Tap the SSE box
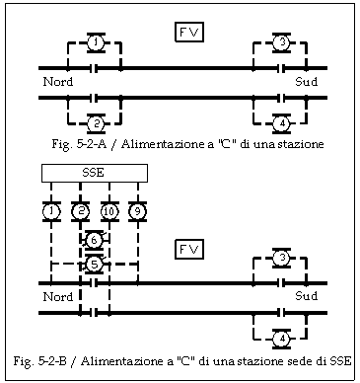point(95,173)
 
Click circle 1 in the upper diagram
point(95,42)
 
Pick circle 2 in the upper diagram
point(95,122)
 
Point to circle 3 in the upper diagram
point(281,42)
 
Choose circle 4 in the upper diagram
point(281,122)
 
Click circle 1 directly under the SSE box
point(51,210)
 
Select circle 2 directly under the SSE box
point(81,210)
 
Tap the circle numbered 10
point(109,210)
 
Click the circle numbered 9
point(138,210)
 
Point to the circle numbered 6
point(94,240)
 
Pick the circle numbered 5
point(94,264)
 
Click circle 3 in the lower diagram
point(281,259)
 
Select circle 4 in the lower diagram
point(281,338)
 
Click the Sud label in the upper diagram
point(307,81)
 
